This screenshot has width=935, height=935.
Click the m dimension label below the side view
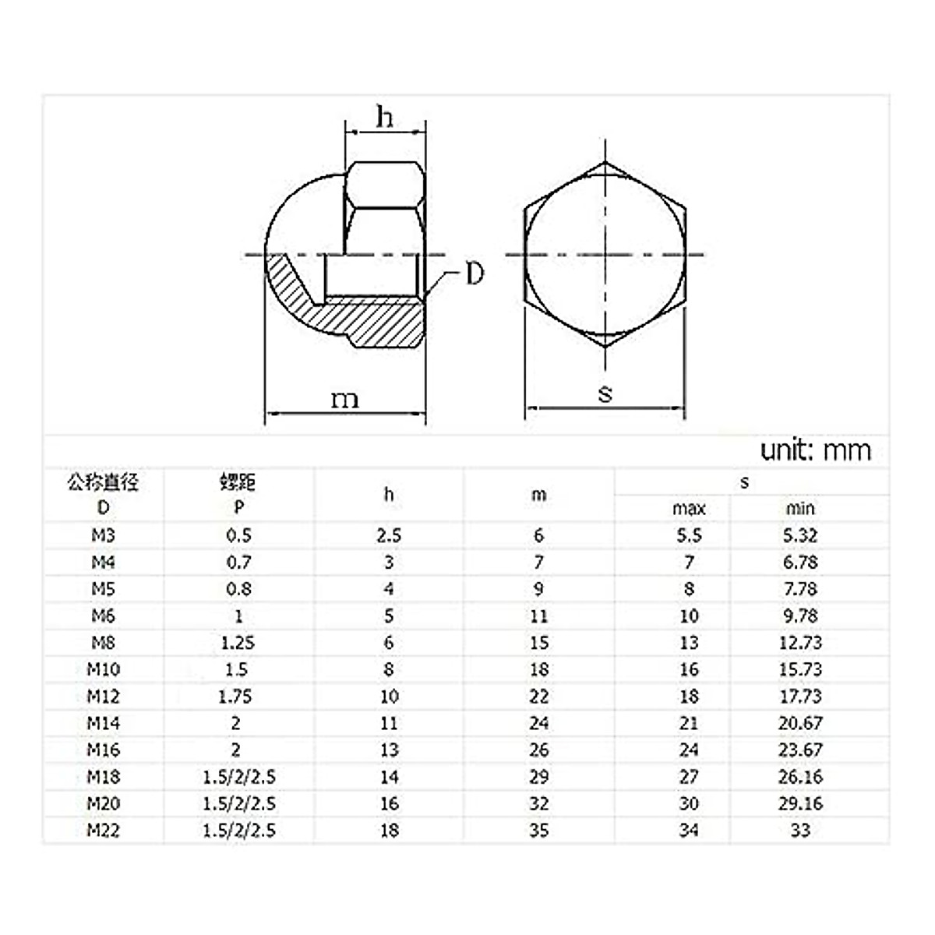[x=344, y=400]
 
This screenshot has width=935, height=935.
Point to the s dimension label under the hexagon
[x=605, y=393]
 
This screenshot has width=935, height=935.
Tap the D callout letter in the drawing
[x=475, y=274]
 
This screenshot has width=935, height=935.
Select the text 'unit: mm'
[x=815, y=450]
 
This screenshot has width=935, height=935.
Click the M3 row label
[x=103, y=535]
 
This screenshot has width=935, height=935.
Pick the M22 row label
[x=103, y=830]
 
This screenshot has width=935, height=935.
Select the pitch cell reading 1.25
[x=238, y=643]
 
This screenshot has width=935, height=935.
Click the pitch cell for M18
[x=238, y=777]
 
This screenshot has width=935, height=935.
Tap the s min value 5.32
[x=800, y=535]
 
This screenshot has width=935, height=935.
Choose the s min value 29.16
[x=800, y=803]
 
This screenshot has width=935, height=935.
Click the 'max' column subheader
[x=689, y=509]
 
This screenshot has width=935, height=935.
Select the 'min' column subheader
[x=800, y=509]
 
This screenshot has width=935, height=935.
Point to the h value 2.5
[x=388, y=535]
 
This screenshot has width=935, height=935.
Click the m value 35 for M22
[x=538, y=830]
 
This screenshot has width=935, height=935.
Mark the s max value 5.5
[x=689, y=535]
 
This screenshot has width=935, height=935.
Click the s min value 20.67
[x=800, y=723]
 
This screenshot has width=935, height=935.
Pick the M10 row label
[x=103, y=669]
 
